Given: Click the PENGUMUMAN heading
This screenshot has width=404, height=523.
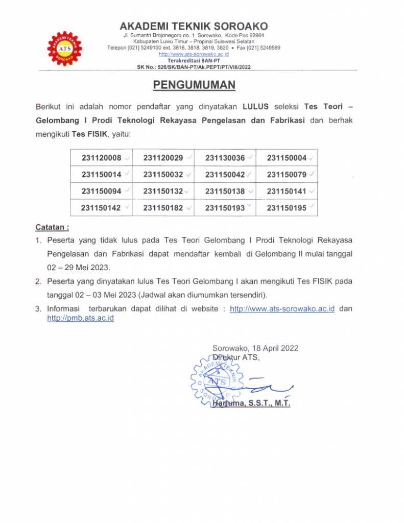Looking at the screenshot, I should point(194,85).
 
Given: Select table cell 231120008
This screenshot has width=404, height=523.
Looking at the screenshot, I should point(101,158).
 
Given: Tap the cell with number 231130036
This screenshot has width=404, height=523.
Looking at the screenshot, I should point(225,158).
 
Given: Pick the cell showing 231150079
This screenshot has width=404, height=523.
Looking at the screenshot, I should point(287,175).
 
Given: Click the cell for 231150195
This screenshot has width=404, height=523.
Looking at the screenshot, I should point(287,208).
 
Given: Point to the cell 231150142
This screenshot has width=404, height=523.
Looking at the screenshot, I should point(101,208).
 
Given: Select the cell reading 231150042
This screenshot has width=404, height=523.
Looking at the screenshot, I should point(225,175).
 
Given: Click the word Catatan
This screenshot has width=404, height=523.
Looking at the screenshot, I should point(52,226).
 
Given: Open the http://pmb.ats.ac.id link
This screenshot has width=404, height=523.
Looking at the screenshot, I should point(80,318).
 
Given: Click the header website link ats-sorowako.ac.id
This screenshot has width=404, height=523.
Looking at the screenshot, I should point(194,54).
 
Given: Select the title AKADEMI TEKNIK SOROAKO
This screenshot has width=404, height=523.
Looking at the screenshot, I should point(194,26).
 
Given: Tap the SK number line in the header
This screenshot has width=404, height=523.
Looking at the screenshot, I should point(194,67).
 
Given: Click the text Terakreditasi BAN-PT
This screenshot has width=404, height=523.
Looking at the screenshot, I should point(194,60).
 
